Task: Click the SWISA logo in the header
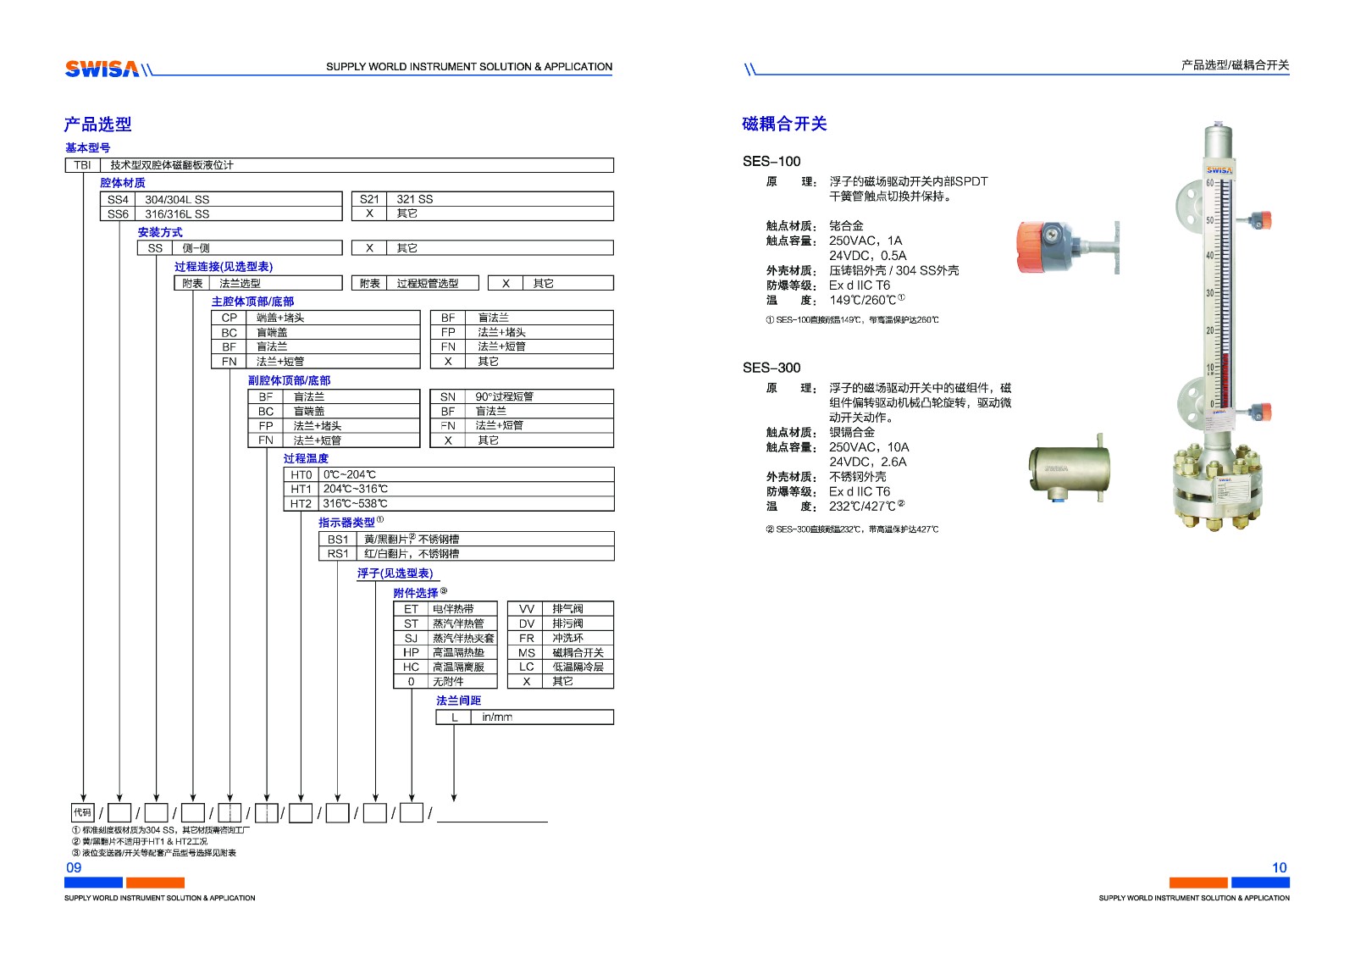102,69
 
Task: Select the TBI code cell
82,165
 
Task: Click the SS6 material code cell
118,214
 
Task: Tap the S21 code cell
369,199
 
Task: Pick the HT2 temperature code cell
301,503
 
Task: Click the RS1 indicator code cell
337,553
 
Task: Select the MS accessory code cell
526,652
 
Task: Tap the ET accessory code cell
411,608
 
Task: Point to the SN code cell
447,396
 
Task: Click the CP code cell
229,318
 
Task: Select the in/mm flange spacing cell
497,717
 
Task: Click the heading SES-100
771,161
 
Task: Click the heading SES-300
771,368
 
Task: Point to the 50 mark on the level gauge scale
1209,220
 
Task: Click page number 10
1279,867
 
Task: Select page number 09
74,867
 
